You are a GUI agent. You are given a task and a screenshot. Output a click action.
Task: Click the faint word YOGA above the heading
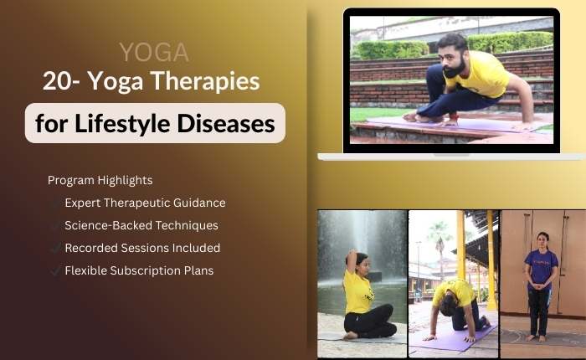pyautogui.click(x=153, y=53)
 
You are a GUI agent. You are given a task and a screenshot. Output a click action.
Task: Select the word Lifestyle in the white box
pyautogui.click(x=121, y=123)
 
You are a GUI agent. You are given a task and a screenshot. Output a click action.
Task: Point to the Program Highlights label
pyautogui.click(x=100, y=180)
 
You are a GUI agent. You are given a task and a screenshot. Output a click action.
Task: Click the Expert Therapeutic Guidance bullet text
pyautogui.click(x=145, y=203)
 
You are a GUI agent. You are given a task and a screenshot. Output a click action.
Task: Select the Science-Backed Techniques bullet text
pyautogui.click(x=141, y=225)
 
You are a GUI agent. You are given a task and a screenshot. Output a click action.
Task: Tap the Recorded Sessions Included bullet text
pyautogui.click(x=142, y=248)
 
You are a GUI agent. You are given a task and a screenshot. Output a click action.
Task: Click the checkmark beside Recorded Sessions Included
pyautogui.click(x=55, y=248)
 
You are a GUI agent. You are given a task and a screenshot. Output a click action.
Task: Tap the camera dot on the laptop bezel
pyautogui.click(x=451, y=12)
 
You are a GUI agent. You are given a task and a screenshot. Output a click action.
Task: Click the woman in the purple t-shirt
pyautogui.click(x=540, y=276)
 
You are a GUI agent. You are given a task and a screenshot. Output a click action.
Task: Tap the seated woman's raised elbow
pyautogui.click(x=350, y=250)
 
